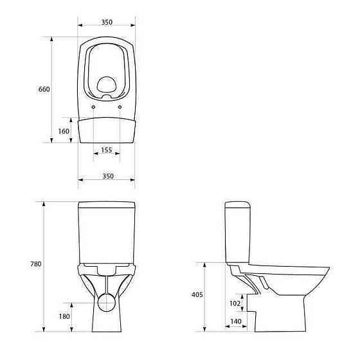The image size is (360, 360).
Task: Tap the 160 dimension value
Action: click(64, 131)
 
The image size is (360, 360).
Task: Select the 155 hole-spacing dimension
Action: click(107, 150)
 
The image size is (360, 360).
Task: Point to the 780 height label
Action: click(35, 265)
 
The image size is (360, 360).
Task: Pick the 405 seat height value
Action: click(197, 295)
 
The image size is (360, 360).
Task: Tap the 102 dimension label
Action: click(235, 303)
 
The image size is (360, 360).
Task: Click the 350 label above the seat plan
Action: click(107, 22)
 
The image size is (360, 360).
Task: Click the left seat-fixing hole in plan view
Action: click(94, 106)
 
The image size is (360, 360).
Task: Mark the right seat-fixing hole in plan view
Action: click(120, 106)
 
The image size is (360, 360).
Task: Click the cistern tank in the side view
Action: click(238, 231)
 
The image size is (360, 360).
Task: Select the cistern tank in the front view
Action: click(107, 231)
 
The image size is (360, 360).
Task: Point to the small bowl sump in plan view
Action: click(107, 84)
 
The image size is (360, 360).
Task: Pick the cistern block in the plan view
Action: click(107, 130)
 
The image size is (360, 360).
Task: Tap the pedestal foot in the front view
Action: click(107, 325)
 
